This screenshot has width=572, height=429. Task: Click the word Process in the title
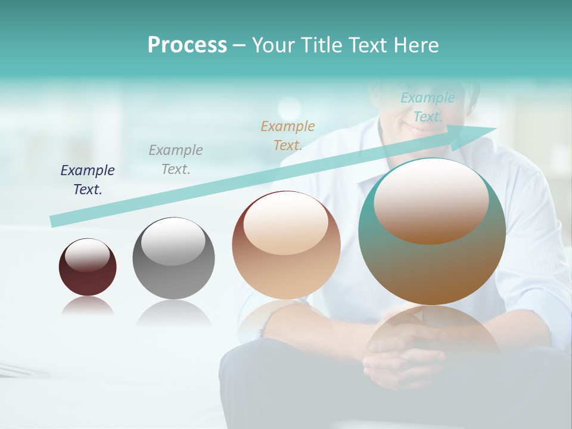(187, 45)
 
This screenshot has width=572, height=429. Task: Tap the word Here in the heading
(416, 45)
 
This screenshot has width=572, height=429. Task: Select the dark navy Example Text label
(88, 179)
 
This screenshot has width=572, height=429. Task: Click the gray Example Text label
(176, 159)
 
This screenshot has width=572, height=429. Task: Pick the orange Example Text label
(288, 135)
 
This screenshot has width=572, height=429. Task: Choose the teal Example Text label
(428, 107)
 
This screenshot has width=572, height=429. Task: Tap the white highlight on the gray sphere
(173, 241)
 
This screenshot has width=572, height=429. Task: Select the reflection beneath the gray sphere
(173, 313)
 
